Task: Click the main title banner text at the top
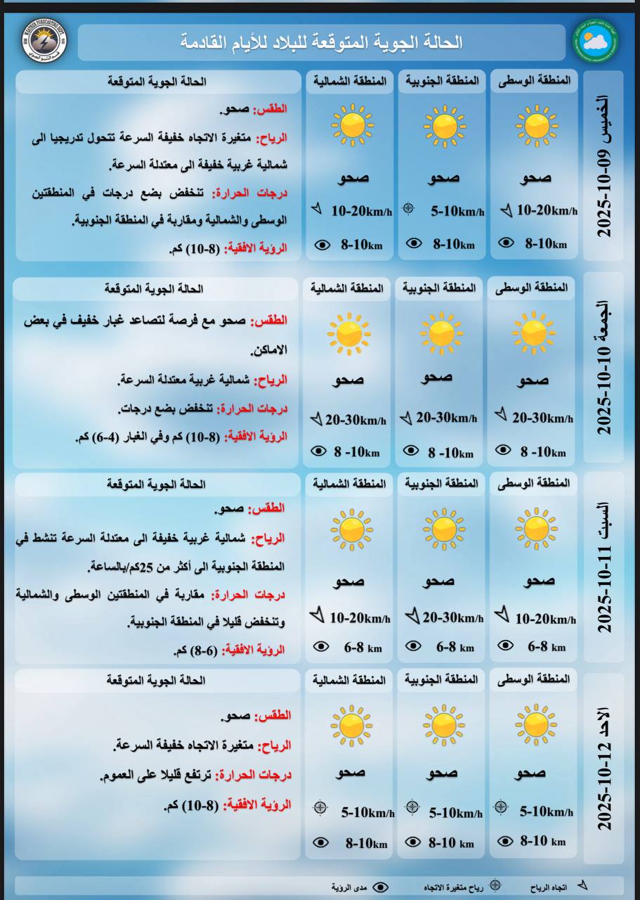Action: pos(322,42)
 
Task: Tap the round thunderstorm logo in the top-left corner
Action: pos(44,41)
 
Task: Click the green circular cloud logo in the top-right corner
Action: pos(595,41)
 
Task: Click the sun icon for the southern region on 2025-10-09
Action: pos(444,126)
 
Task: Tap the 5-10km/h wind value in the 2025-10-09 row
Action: pos(457,210)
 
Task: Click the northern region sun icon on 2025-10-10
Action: pos(348,333)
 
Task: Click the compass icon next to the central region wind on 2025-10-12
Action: pos(501,806)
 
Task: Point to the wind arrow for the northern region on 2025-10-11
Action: pos(318,615)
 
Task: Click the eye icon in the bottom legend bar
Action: pos(380,887)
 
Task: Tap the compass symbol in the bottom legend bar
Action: pos(495,886)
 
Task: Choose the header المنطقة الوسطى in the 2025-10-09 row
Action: pos(535,81)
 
